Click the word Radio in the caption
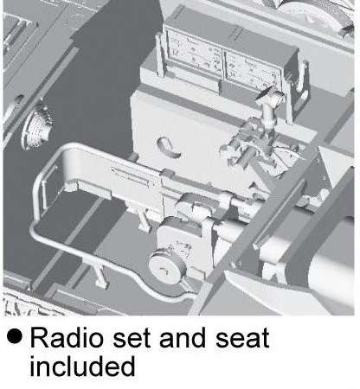point(67,337)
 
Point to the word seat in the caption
point(242,338)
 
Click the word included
point(82,366)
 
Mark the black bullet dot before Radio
point(15,336)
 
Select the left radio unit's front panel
point(194,54)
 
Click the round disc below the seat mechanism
point(168,267)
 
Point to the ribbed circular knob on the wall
point(37,128)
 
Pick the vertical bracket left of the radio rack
point(160,54)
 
